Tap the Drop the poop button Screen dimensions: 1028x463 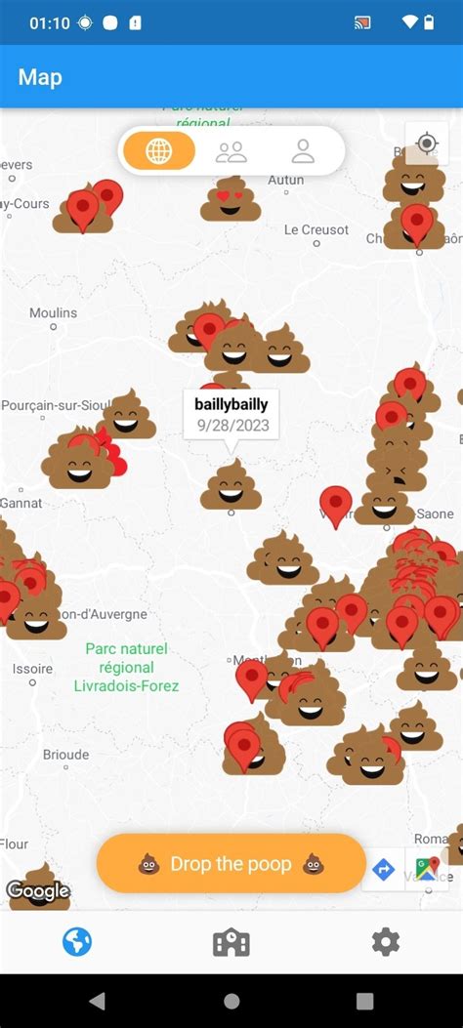tap(231, 863)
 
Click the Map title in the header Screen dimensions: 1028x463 tap(40, 77)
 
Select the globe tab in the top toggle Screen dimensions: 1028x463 tap(158, 151)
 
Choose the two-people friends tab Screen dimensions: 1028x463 tap(231, 151)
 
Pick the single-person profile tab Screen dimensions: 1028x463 tap(303, 151)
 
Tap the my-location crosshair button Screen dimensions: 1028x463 tap(427, 144)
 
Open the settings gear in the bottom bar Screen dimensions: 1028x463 tap(386, 942)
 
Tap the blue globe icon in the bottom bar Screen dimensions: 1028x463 tap(77, 942)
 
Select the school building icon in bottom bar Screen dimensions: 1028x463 tap(231, 942)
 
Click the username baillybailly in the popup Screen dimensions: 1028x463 tap(231, 404)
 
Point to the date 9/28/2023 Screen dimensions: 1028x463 tap(231, 426)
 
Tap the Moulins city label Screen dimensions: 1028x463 tap(53, 312)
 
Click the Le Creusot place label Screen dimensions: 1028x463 tap(316, 229)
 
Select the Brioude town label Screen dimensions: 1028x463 tap(65, 755)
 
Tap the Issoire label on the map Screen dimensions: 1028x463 tap(32, 669)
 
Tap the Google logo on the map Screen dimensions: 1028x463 tap(38, 890)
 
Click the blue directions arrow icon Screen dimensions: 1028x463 tap(384, 869)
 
